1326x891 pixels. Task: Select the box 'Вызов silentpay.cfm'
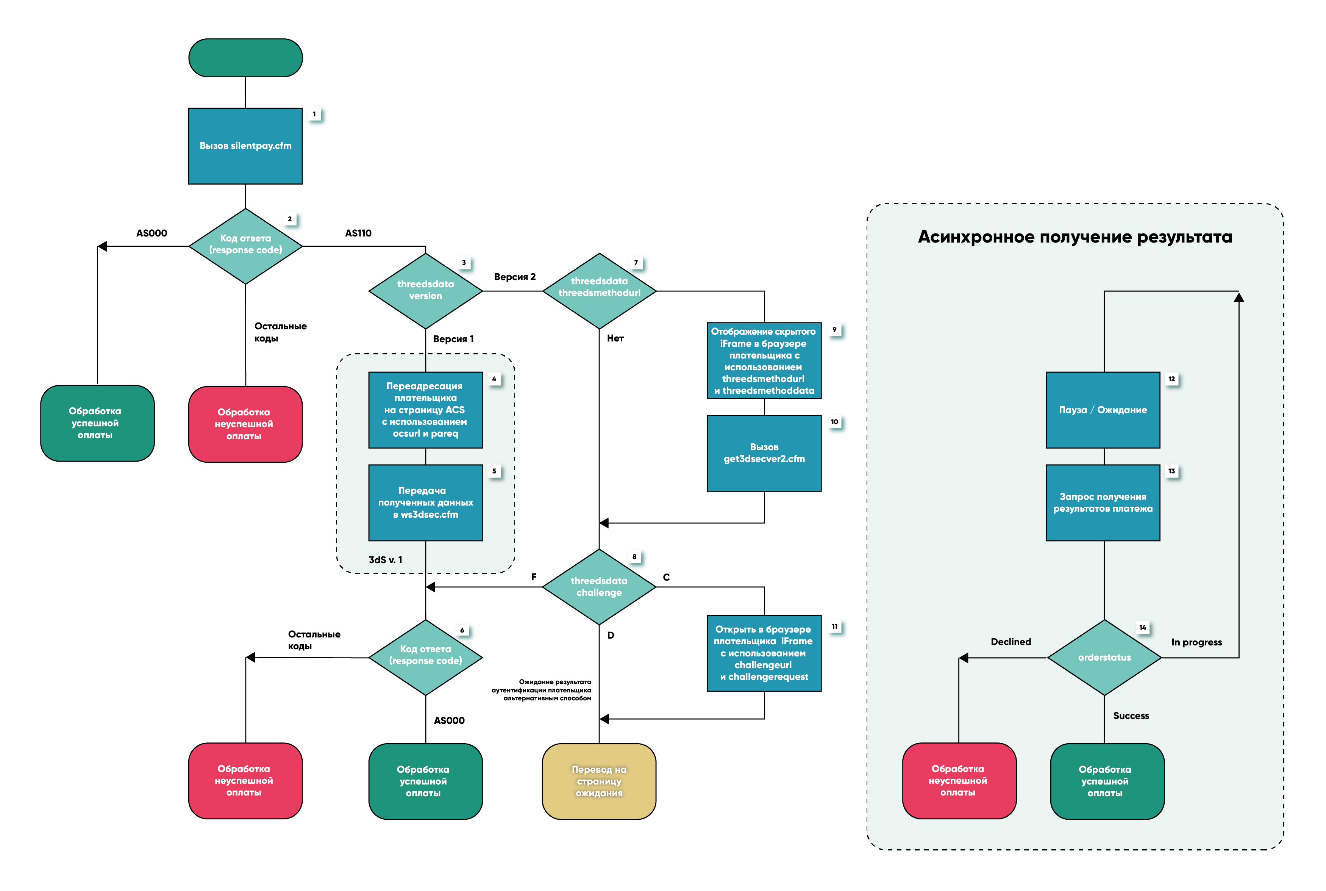coord(245,146)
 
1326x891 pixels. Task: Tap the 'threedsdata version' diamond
coord(425,290)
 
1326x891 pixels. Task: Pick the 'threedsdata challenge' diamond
coord(599,586)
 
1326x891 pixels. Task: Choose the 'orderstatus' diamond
coord(1104,658)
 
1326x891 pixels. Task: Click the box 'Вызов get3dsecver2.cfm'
coord(764,453)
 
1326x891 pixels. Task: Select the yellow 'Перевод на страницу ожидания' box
coord(599,781)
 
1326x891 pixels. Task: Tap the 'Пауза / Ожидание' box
coord(1103,410)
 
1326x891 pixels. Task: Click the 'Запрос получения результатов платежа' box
coord(1103,502)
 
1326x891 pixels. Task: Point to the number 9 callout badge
coord(834,330)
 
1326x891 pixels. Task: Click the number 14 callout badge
coord(1143,627)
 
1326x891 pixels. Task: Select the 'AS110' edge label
coord(358,233)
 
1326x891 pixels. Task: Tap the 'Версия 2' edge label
coord(514,277)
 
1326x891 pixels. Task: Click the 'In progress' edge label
coord(1196,642)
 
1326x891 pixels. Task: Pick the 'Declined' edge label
coord(1011,642)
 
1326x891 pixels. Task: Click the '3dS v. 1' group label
coord(386,560)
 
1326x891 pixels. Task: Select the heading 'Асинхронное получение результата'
coord(1075,237)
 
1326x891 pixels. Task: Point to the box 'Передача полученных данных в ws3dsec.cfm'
coord(425,502)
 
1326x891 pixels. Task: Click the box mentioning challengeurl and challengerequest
coord(764,653)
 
